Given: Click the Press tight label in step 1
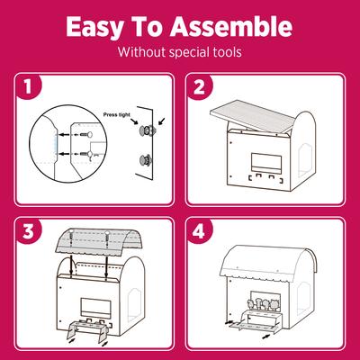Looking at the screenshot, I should click(119, 115).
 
